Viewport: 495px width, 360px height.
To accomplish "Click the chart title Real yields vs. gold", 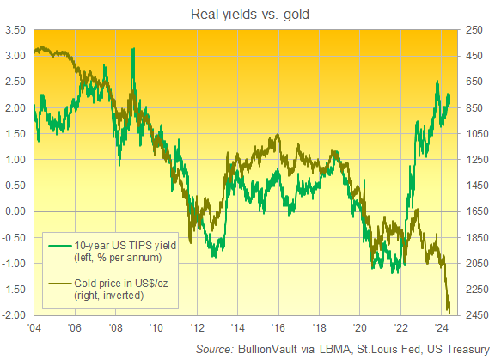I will click(x=247, y=13).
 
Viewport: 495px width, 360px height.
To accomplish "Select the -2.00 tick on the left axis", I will click(x=15, y=315).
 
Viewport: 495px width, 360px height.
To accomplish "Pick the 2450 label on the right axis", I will click(x=478, y=315).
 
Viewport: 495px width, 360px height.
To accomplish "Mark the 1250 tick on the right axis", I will click(x=478, y=160).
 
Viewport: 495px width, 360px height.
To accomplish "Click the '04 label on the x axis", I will click(x=34, y=329).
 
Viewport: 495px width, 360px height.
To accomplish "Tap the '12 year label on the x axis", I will click(x=197, y=329).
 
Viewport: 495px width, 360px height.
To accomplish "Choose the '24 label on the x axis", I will click(x=442, y=329).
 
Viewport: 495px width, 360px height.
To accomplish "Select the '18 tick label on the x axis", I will click(x=319, y=329).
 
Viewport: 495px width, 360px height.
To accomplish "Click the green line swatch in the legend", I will click(x=58, y=245).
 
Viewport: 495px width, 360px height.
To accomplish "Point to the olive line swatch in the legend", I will click(x=58, y=281).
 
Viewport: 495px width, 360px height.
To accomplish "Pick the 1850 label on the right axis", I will click(x=478, y=238).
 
